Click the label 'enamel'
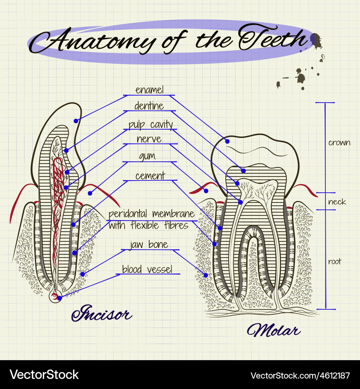click(x=149, y=90)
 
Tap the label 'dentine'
click(x=149, y=106)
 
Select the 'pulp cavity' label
click(x=151, y=125)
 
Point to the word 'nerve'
click(x=149, y=139)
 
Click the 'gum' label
click(x=147, y=156)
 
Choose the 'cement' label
click(x=150, y=176)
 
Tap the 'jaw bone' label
click(x=149, y=245)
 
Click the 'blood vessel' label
click(x=147, y=269)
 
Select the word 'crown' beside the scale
click(x=339, y=143)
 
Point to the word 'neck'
click(x=337, y=202)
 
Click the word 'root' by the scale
click(x=334, y=261)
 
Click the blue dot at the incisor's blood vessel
click(x=59, y=298)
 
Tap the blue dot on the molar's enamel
click(x=228, y=142)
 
